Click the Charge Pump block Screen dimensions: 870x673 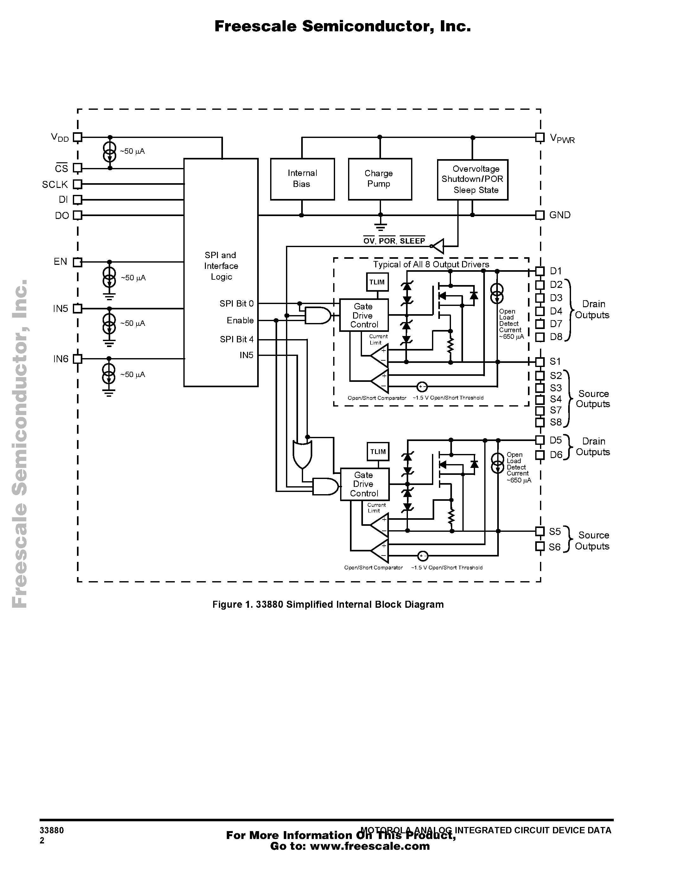[379, 179]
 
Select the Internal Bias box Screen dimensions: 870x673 [302, 179]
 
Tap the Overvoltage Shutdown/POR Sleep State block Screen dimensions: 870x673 [473, 180]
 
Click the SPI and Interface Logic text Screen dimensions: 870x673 [221, 266]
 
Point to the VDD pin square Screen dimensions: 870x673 [78, 137]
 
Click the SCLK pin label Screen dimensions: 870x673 [55, 184]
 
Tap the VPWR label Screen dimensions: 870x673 [562, 138]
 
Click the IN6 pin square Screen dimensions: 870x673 [78, 359]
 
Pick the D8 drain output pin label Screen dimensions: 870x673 [556, 337]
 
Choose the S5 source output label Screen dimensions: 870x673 [555, 531]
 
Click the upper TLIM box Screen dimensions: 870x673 [377, 282]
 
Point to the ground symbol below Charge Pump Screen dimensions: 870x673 [380, 227]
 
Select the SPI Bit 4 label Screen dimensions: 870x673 [237, 339]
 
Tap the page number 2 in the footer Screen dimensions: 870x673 [42, 841]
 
